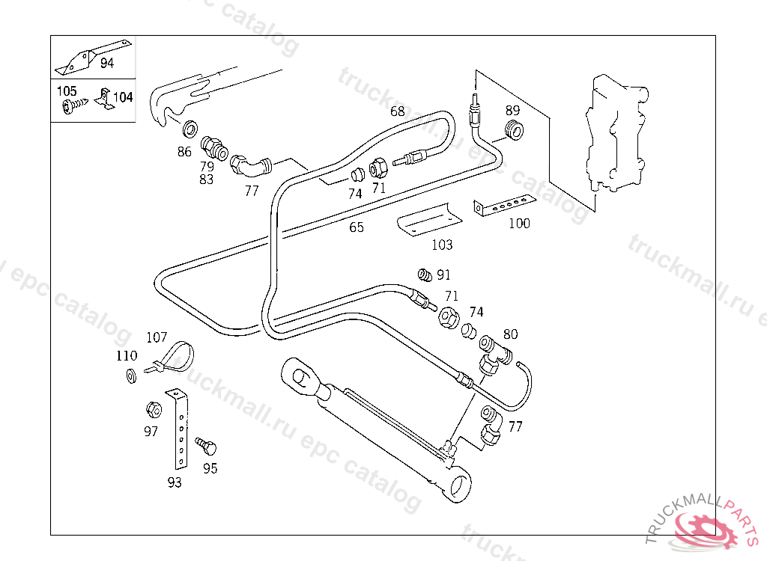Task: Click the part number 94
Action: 106,63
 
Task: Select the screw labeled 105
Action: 73,105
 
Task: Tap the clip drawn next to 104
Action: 103,98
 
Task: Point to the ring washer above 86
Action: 190,129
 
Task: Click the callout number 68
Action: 397,111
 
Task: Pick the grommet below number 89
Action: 513,129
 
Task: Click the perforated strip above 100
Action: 504,205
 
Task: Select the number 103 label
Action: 442,245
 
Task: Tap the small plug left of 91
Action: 425,275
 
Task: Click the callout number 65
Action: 356,227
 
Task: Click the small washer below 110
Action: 131,376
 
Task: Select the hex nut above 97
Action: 154,409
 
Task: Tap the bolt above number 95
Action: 206,446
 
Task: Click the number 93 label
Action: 174,482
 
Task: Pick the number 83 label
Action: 207,180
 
